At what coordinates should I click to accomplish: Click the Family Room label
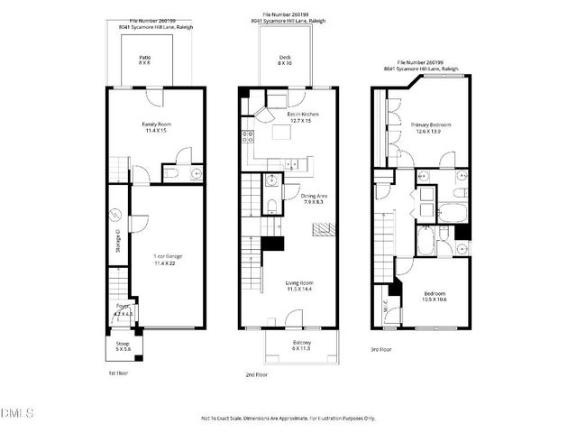point(156,127)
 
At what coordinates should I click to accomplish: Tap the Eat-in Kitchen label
point(305,117)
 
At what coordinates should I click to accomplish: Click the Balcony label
point(301,345)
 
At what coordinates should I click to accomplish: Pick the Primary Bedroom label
point(430,127)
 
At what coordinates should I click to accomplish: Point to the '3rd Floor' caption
point(382,349)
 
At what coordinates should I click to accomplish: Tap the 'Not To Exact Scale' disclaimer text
point(287,419)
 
